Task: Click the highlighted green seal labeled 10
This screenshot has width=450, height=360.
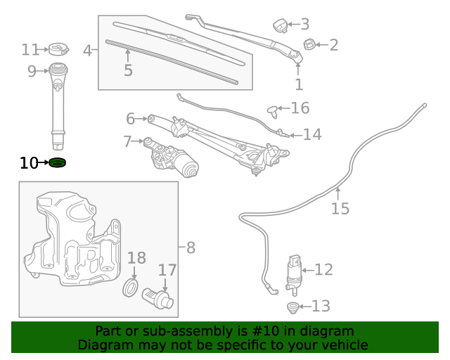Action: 58,164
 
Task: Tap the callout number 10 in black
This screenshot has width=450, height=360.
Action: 28,164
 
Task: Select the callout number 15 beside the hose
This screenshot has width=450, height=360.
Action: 340,209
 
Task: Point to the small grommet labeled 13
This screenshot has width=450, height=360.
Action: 293,307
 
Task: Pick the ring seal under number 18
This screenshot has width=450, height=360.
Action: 131,288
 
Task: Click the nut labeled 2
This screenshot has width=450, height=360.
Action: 309,46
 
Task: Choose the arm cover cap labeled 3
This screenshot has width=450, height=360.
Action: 282,27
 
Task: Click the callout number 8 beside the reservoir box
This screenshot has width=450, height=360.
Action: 191,247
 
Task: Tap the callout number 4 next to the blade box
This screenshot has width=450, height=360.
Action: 88,51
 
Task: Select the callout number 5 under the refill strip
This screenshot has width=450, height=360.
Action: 128,70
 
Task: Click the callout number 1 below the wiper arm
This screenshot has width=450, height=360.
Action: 299,84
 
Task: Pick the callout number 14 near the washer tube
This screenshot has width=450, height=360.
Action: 312,134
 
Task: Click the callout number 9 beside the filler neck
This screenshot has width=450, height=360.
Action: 32,70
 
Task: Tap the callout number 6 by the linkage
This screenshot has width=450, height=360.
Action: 131,119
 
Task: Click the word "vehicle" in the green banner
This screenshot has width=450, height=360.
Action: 341,345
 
